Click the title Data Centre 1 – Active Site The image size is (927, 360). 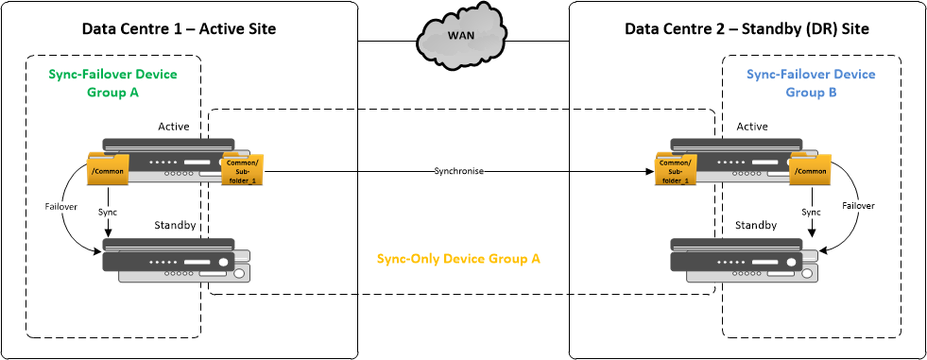(180, 29)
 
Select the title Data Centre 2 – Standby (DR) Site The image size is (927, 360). (747, 29)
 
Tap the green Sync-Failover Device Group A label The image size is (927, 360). (112, 83)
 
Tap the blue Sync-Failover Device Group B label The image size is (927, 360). (811, 83)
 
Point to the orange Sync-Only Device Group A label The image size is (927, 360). (458, 258)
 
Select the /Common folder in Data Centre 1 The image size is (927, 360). (108, 170)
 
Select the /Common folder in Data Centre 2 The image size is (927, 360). (811, 170)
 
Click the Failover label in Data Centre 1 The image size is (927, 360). (61, 205)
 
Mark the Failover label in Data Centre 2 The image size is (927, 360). (859, 205)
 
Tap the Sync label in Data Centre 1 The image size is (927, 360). (108, 213)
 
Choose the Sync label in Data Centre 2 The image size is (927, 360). (811, 213)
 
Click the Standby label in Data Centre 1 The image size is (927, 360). (176, 226)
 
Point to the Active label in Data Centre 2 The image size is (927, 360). (752, 127)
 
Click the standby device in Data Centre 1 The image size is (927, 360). (176, 261)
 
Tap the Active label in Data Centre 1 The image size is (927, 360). (174, 127)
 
